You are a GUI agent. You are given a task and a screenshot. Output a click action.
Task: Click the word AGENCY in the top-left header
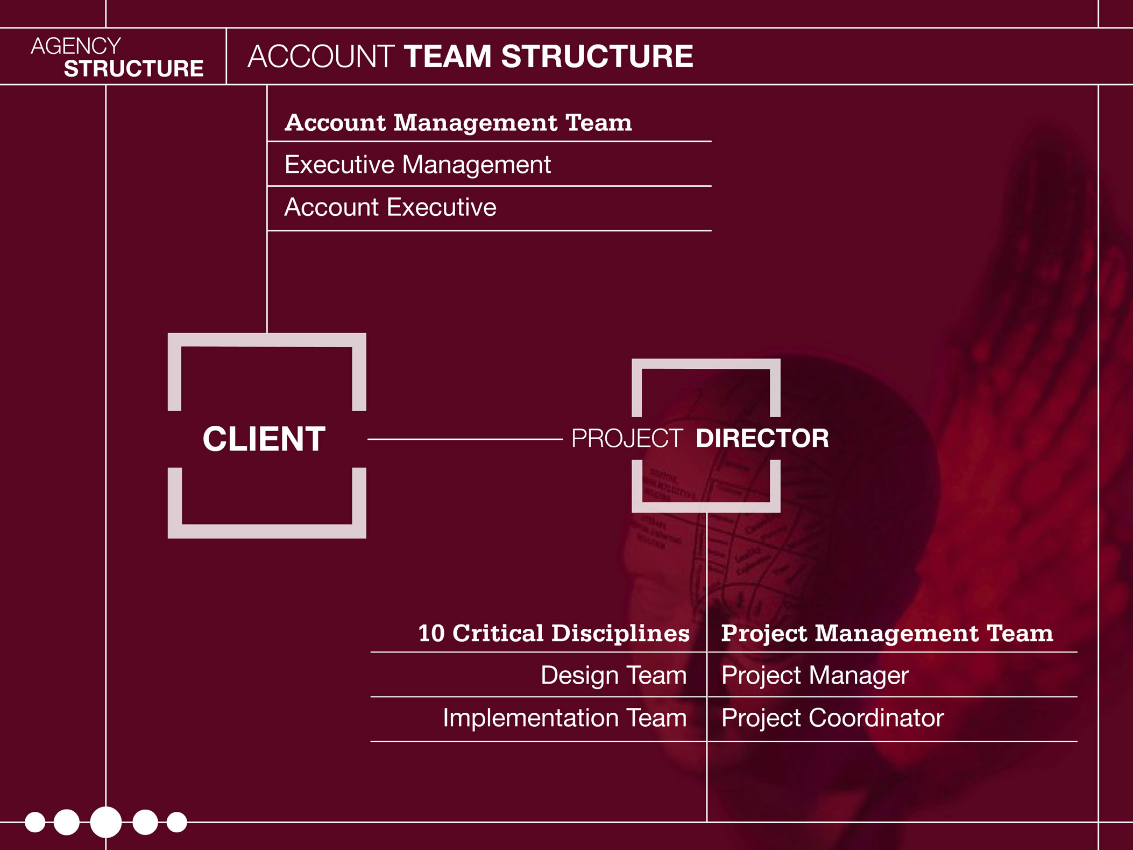point(76,46)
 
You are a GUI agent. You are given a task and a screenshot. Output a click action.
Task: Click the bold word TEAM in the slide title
point(448,57)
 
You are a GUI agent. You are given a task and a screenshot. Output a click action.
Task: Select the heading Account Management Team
point(458,123)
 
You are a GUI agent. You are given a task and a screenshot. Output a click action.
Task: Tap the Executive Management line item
point(417,165)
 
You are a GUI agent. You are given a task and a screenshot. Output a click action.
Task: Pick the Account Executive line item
point(390,207)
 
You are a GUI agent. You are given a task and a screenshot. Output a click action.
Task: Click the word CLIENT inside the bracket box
point(264,439)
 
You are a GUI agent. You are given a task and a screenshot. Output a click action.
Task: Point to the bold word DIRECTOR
point(762,438)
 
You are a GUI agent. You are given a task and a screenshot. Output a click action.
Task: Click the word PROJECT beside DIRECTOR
point(627,438)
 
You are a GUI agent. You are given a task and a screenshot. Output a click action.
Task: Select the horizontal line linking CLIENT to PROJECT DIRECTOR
point(465,439)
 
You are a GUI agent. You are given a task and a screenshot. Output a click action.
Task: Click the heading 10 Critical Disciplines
point(554,633)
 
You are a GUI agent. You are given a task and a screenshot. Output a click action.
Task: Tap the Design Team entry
point(614,675)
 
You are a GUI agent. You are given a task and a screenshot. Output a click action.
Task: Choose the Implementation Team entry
point(565,718)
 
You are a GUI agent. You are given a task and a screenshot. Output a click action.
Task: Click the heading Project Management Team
point(887,633)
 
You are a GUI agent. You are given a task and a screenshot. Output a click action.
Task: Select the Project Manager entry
point(815,676)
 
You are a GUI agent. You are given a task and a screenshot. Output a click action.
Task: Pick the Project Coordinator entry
point(833,718)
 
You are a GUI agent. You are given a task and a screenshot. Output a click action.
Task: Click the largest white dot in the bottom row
point(106,822)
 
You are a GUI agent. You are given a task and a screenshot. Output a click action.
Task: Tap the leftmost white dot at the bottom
point(35,822)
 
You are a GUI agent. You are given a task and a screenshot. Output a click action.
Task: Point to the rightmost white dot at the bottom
point(176,822)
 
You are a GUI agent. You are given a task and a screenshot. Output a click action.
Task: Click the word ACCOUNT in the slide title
point(321,57)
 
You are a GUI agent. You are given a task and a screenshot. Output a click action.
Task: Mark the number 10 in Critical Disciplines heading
point(431,634)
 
